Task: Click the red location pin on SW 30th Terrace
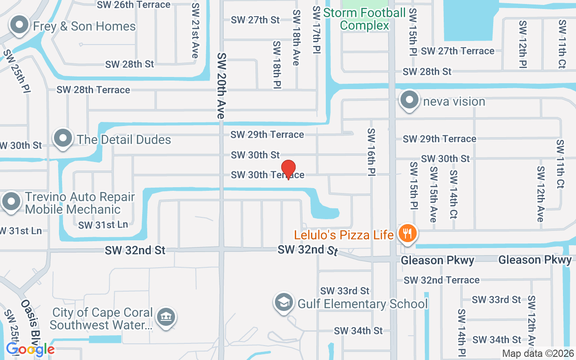(x=288, y=169)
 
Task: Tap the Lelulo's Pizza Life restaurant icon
(x=408, y=234)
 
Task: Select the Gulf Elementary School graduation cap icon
(x=284, y=303)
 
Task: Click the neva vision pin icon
(x=409, y=100)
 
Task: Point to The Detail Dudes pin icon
(x=63, y=139)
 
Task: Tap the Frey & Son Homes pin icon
(x=19, y=26)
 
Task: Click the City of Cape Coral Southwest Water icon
(x=166, y=317)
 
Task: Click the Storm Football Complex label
(x=364, y=19)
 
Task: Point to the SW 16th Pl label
(x=372, y=152)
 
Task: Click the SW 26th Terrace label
(x=134, y=5)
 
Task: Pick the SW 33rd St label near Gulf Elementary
(x=345, y=291)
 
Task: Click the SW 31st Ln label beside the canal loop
(x=103, y=225)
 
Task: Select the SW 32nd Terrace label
(x=441, y=280)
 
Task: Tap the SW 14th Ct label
(x=454, y=194)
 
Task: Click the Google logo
(x=30, y=349)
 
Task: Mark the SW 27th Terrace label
(x=458, y=51)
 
